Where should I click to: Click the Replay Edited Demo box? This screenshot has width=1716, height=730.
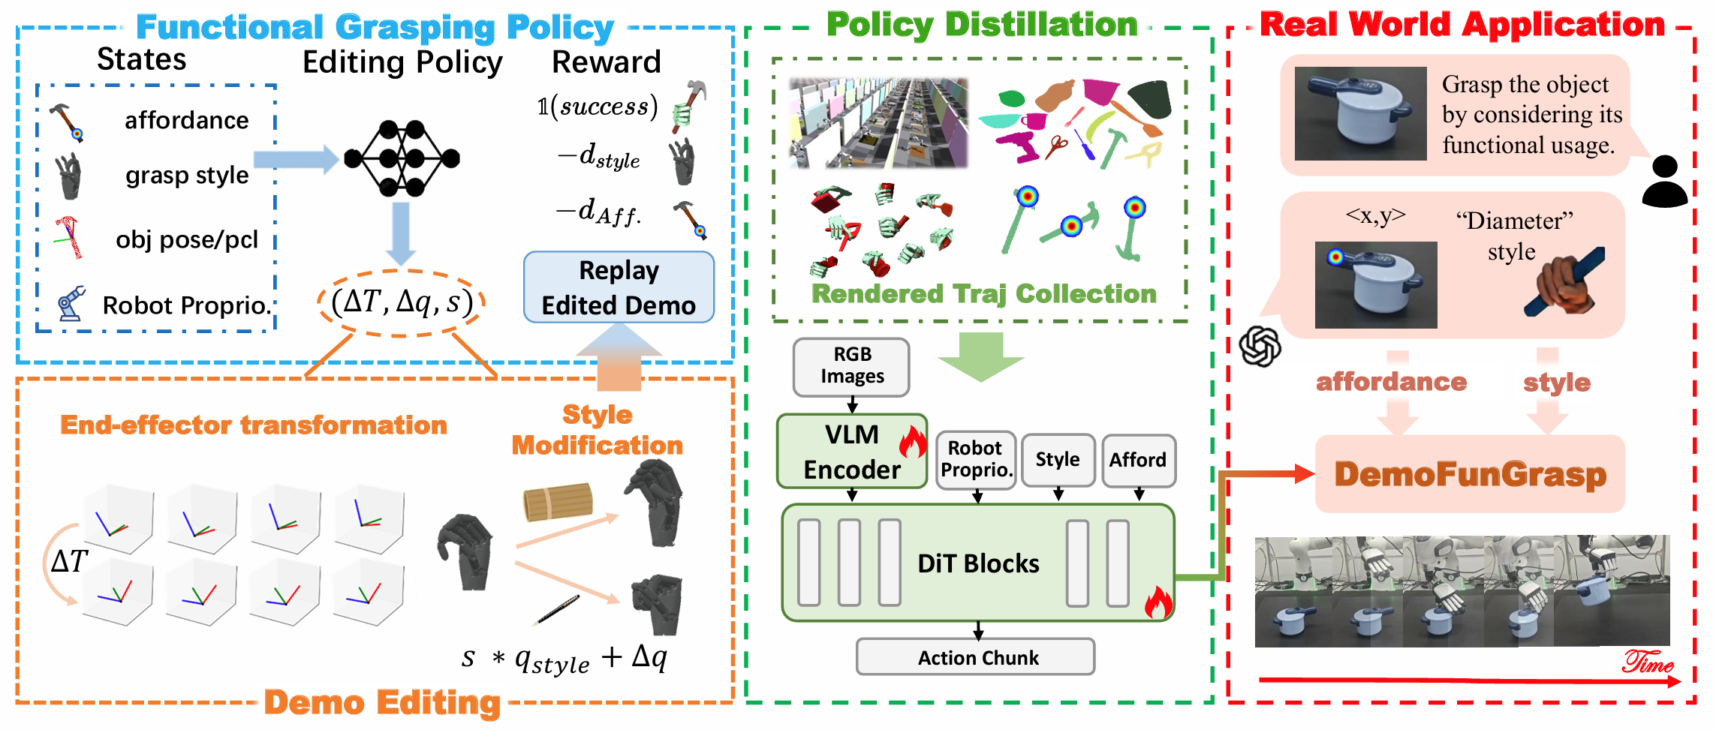[x=619, y=287]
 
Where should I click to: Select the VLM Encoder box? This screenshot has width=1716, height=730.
[x=851, y=452]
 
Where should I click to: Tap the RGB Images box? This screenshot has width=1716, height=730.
[x=851, y=366]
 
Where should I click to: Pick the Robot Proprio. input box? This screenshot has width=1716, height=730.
[x=976, y=459]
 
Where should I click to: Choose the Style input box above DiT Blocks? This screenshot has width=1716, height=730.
[x=1058, y=459]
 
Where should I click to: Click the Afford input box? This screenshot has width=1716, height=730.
[x=1138, y=459]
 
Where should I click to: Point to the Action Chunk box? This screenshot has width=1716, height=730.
[x=976, y=657]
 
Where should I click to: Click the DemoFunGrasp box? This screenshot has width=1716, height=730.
[x=1470, y=474]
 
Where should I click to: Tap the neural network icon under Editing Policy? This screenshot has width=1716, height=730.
[x=402, y=158]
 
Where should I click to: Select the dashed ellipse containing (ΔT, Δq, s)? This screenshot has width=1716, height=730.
[x=402, y=302]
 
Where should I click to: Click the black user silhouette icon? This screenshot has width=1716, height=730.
[x=1664, y=182]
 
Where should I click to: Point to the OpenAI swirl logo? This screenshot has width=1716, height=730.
[x=1260, y=347]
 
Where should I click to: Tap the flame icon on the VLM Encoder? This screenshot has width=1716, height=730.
[x=913, y=443]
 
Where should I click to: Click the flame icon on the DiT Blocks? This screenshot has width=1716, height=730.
[x=1158, y=602]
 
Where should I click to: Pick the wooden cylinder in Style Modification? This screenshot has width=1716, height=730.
[x=558, y=502]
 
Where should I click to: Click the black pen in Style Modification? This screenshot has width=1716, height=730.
[x=556, y=610]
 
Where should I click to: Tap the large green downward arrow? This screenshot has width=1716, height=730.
[x=981, y=357]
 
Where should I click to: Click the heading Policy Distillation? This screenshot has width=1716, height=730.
[x=982, y=25]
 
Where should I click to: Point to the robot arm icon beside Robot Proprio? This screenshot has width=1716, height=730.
[x=71, y=304]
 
